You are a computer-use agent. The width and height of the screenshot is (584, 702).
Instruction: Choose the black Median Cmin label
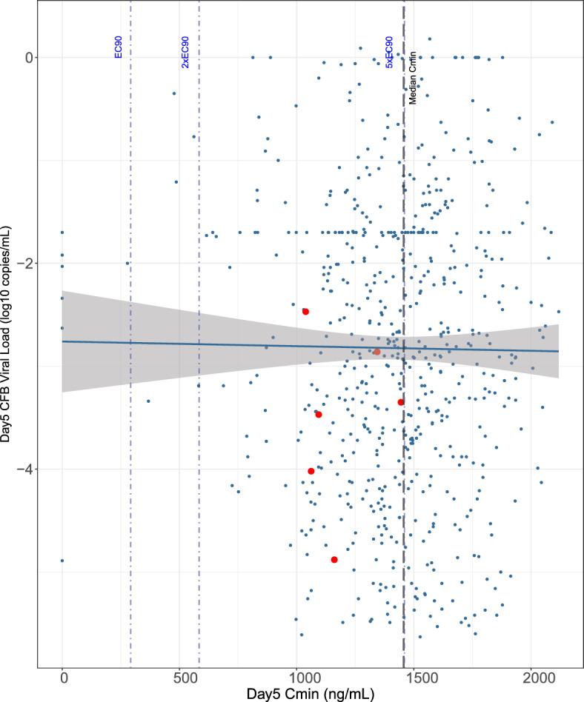tap(413, 77)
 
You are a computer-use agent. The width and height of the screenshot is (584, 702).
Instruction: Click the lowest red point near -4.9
tap(334, 560)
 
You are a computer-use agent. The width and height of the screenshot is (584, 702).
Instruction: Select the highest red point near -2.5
tap(305, 312)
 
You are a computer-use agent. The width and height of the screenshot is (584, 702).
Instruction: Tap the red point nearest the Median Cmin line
tap(401, 402)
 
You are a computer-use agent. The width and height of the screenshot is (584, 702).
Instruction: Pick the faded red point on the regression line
tap(376, 352)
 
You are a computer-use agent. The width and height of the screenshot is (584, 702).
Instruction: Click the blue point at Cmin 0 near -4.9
tap(62, 561)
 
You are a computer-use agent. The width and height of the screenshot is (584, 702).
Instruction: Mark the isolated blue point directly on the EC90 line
tap(127, 263)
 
